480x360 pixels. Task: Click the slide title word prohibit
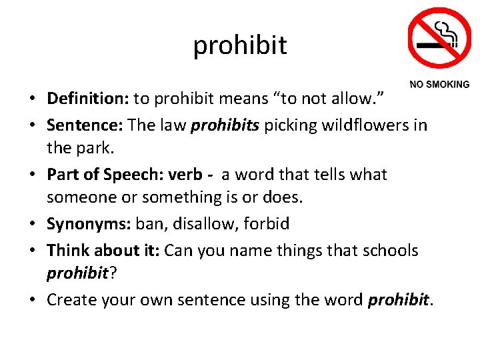pyautogui.click(x=240, y=45)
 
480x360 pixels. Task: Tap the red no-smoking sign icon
pyautogui.click(x=439, y=37)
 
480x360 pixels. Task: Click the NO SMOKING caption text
pyautogui.click(x=439, y=85)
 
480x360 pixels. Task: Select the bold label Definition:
pyautogui.click(x=88, y=99)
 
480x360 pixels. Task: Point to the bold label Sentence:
pyautogui.click(x=85, y=125)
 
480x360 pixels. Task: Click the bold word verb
pyautogui.click(x=186, y=174)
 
